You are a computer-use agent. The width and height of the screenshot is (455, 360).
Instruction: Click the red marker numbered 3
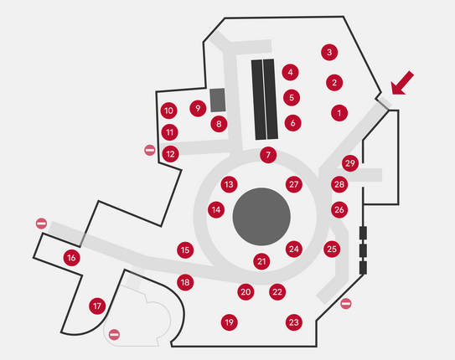(x=329, y=52)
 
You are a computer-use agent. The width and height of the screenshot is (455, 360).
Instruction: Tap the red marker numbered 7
(x=268, y=155)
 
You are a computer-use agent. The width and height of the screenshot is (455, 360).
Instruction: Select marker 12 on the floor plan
(x=170, y=154)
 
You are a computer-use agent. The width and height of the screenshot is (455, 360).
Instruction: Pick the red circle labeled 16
(x=72, y=257)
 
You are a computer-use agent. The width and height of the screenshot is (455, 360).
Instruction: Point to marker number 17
(x=97, y=306)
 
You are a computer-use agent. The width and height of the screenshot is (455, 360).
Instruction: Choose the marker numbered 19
(x=230, y=322)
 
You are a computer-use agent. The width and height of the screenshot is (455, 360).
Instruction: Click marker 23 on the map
(x=294, y=322)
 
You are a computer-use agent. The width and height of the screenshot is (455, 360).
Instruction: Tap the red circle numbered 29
(x=350, y=163)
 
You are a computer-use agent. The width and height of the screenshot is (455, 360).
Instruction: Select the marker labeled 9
(x=198, y=108)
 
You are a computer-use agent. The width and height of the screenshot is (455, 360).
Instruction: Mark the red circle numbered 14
(x=216, y=209)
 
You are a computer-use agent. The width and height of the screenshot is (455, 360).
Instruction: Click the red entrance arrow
(x=402, y=83)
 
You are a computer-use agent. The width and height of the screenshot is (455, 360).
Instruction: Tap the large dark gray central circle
(x=261, y=217)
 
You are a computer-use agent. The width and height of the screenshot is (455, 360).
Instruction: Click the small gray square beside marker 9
(x=218, y=100)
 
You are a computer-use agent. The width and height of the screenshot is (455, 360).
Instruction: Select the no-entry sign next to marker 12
(x=150, y=150)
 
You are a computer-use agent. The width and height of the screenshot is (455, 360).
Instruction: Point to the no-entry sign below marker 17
(x=114, y=335)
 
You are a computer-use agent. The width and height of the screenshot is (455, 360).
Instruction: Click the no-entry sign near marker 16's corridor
(x=42, y=224)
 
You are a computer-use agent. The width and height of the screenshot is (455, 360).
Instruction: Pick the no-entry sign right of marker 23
(x=346, y=303)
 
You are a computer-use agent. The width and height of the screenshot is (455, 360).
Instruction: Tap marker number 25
(x=332, y=249)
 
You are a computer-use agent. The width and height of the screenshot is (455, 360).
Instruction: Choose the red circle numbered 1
(x=339, y=113)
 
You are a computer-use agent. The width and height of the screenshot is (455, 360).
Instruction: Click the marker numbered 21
(x=261, y=261)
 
